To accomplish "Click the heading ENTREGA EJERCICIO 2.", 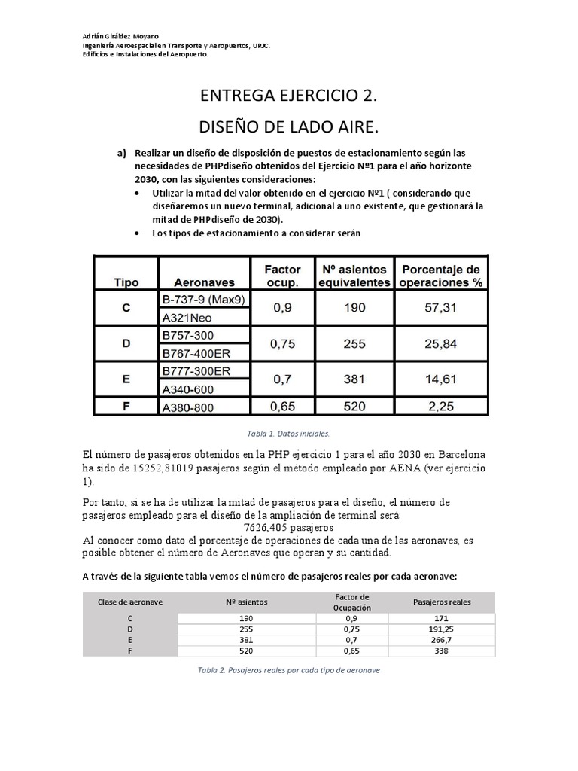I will (289, 96).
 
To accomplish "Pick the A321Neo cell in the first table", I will (184, 318).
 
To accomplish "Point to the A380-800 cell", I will (188, 408).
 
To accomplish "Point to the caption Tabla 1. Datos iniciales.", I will (289, 434).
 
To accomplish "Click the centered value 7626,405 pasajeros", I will (289, 528).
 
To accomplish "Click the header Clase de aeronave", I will (131, 602).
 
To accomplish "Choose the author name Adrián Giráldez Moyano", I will (126, 37).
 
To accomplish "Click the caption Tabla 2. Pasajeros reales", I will (289, 669).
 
